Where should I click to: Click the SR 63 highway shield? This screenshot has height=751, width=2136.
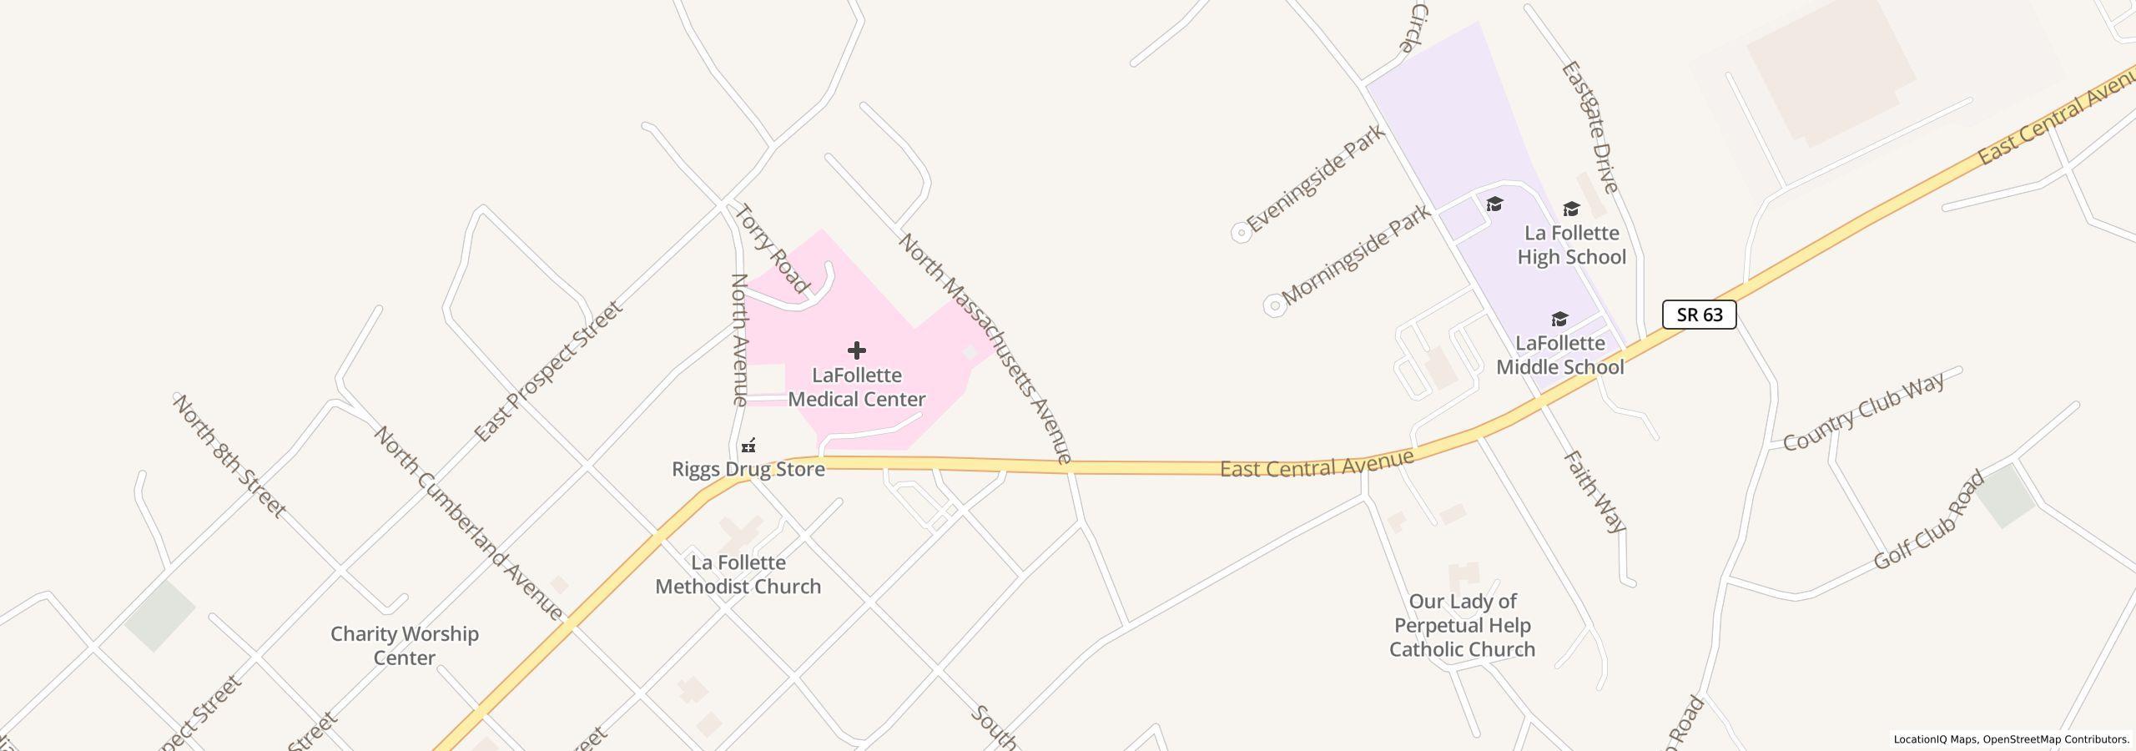point(1699,315)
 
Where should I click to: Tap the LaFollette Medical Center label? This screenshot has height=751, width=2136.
point(857,387)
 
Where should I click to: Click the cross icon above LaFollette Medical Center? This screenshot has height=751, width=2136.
point(857,350)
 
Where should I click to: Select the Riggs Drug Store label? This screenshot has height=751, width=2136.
point(748,469)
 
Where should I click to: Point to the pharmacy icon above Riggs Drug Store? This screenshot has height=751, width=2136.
point(749,446)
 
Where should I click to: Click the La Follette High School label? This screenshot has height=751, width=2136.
point(1571,244)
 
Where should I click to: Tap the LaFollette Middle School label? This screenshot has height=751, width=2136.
point(1559,355)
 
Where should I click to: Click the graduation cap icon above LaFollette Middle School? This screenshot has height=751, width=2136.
point(1559,320)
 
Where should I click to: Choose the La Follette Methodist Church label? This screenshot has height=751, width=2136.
point(738,575)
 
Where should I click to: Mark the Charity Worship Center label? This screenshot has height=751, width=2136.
point(405,646)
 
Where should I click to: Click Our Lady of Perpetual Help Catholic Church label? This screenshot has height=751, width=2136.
point(1462,625)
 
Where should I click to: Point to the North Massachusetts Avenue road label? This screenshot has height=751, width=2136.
point(985,347)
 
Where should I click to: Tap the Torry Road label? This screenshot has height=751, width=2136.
point(772,249)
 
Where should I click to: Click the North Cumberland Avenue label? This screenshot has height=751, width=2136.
point(468,523)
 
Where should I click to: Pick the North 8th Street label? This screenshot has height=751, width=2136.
point(229,456)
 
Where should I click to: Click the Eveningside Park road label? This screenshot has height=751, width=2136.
point(1316,179)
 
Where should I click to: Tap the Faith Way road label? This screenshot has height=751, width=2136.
point(1594,491)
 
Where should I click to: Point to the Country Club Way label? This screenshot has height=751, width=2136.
point(1864,410)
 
